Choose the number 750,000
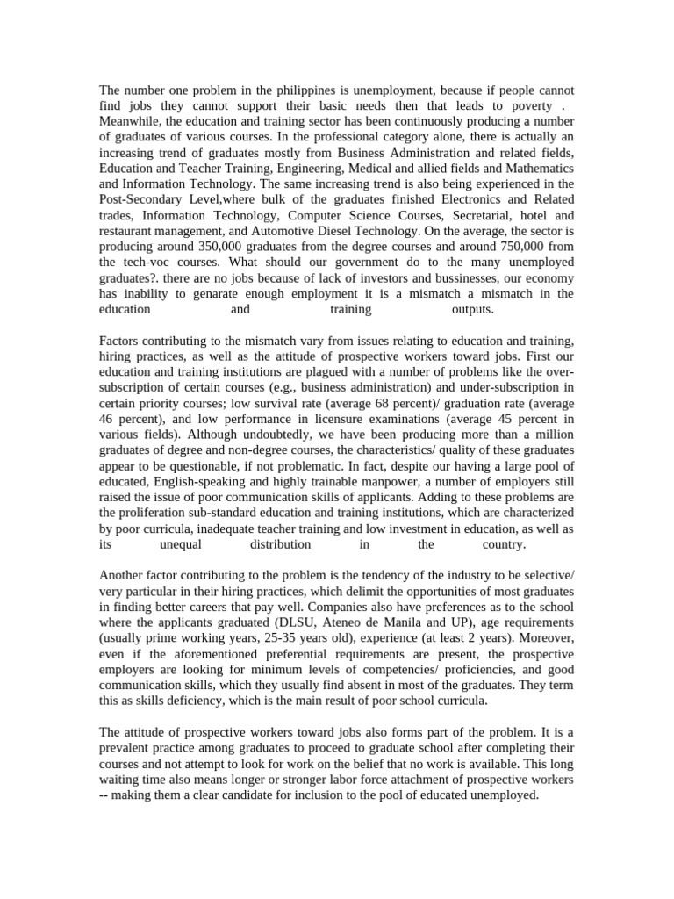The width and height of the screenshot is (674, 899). click(516, 247)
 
